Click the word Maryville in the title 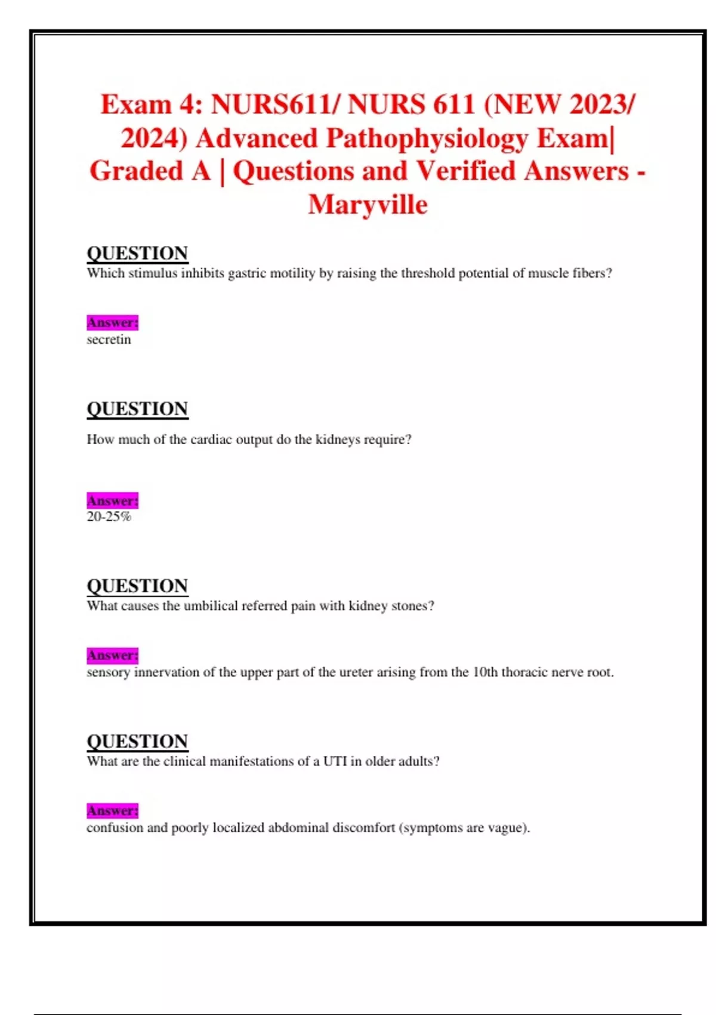[x=368, y=205]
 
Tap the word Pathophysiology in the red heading [x=427, y=139]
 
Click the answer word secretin [x=109, y=340]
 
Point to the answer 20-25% [x=109, y=517]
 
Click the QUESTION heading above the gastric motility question [x=137, y=253]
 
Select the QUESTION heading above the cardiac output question [x=137, y=409]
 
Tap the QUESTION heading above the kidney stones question [x=137, y=586]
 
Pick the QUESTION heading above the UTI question [x=137, y=741]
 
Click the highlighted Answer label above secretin [x=112, y=323]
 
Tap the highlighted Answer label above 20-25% [x=112, y=500]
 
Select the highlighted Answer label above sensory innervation [x=112, y=656]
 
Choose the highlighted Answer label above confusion [x=112, y=811]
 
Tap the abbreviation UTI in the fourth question [x=335, y=761]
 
